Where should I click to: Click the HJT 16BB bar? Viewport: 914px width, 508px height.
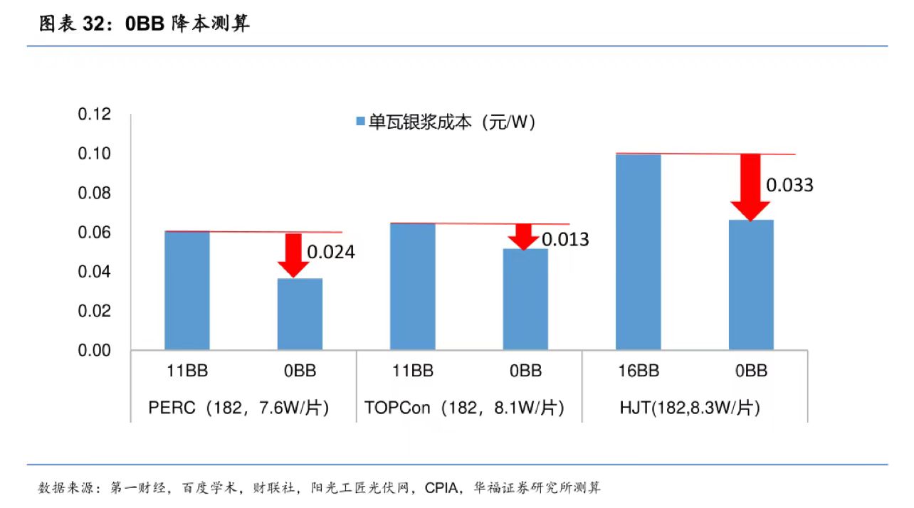639,252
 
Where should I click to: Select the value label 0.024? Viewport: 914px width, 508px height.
330,252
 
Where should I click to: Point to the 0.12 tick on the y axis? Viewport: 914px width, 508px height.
95,115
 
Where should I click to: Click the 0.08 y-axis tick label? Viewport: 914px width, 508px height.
95,194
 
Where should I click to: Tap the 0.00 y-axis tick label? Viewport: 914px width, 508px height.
95,350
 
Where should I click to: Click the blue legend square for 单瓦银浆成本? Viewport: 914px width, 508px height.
359,122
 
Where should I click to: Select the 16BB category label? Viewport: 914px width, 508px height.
639,371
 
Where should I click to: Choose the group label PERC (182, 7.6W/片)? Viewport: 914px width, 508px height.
238,408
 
